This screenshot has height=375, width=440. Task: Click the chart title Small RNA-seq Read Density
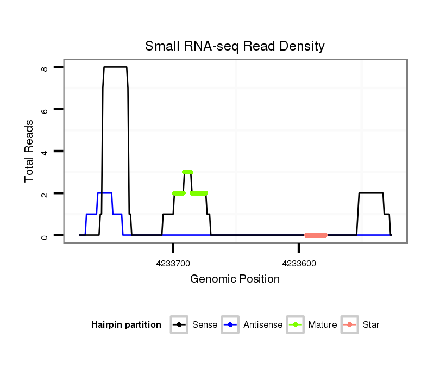[x=235, y=46]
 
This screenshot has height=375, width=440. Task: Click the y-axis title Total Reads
[x=29, y=151]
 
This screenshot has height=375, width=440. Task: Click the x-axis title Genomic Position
[x=235, y=279]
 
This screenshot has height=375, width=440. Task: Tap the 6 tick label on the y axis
[x=45, y=110]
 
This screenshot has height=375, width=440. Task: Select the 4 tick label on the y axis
[x=45, y=152]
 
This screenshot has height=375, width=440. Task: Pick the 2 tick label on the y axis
[x=45, y=193]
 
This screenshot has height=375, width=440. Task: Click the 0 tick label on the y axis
[x=45, y=236]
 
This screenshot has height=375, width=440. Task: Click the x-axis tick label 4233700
[x=173, y=264]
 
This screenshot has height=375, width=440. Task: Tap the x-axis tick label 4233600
[x=299, y=264]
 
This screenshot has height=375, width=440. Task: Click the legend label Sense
[x=205, y=325]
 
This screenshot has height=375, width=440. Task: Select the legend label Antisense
[x=263, y=325]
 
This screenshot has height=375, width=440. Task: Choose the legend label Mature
[x=323, y=325]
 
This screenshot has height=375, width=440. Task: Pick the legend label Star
[x=371, y=325]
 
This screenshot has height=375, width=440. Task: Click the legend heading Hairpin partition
[x=126, y=325]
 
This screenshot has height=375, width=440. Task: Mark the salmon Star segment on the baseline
[x=316, y=235]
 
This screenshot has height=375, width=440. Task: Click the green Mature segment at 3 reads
[x=187, y=172]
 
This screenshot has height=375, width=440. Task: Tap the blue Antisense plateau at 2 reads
[x=104, y=193]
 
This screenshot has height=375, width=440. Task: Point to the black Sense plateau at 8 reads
[x=115, y=67]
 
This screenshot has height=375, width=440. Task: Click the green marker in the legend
[x=296, y=325]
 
